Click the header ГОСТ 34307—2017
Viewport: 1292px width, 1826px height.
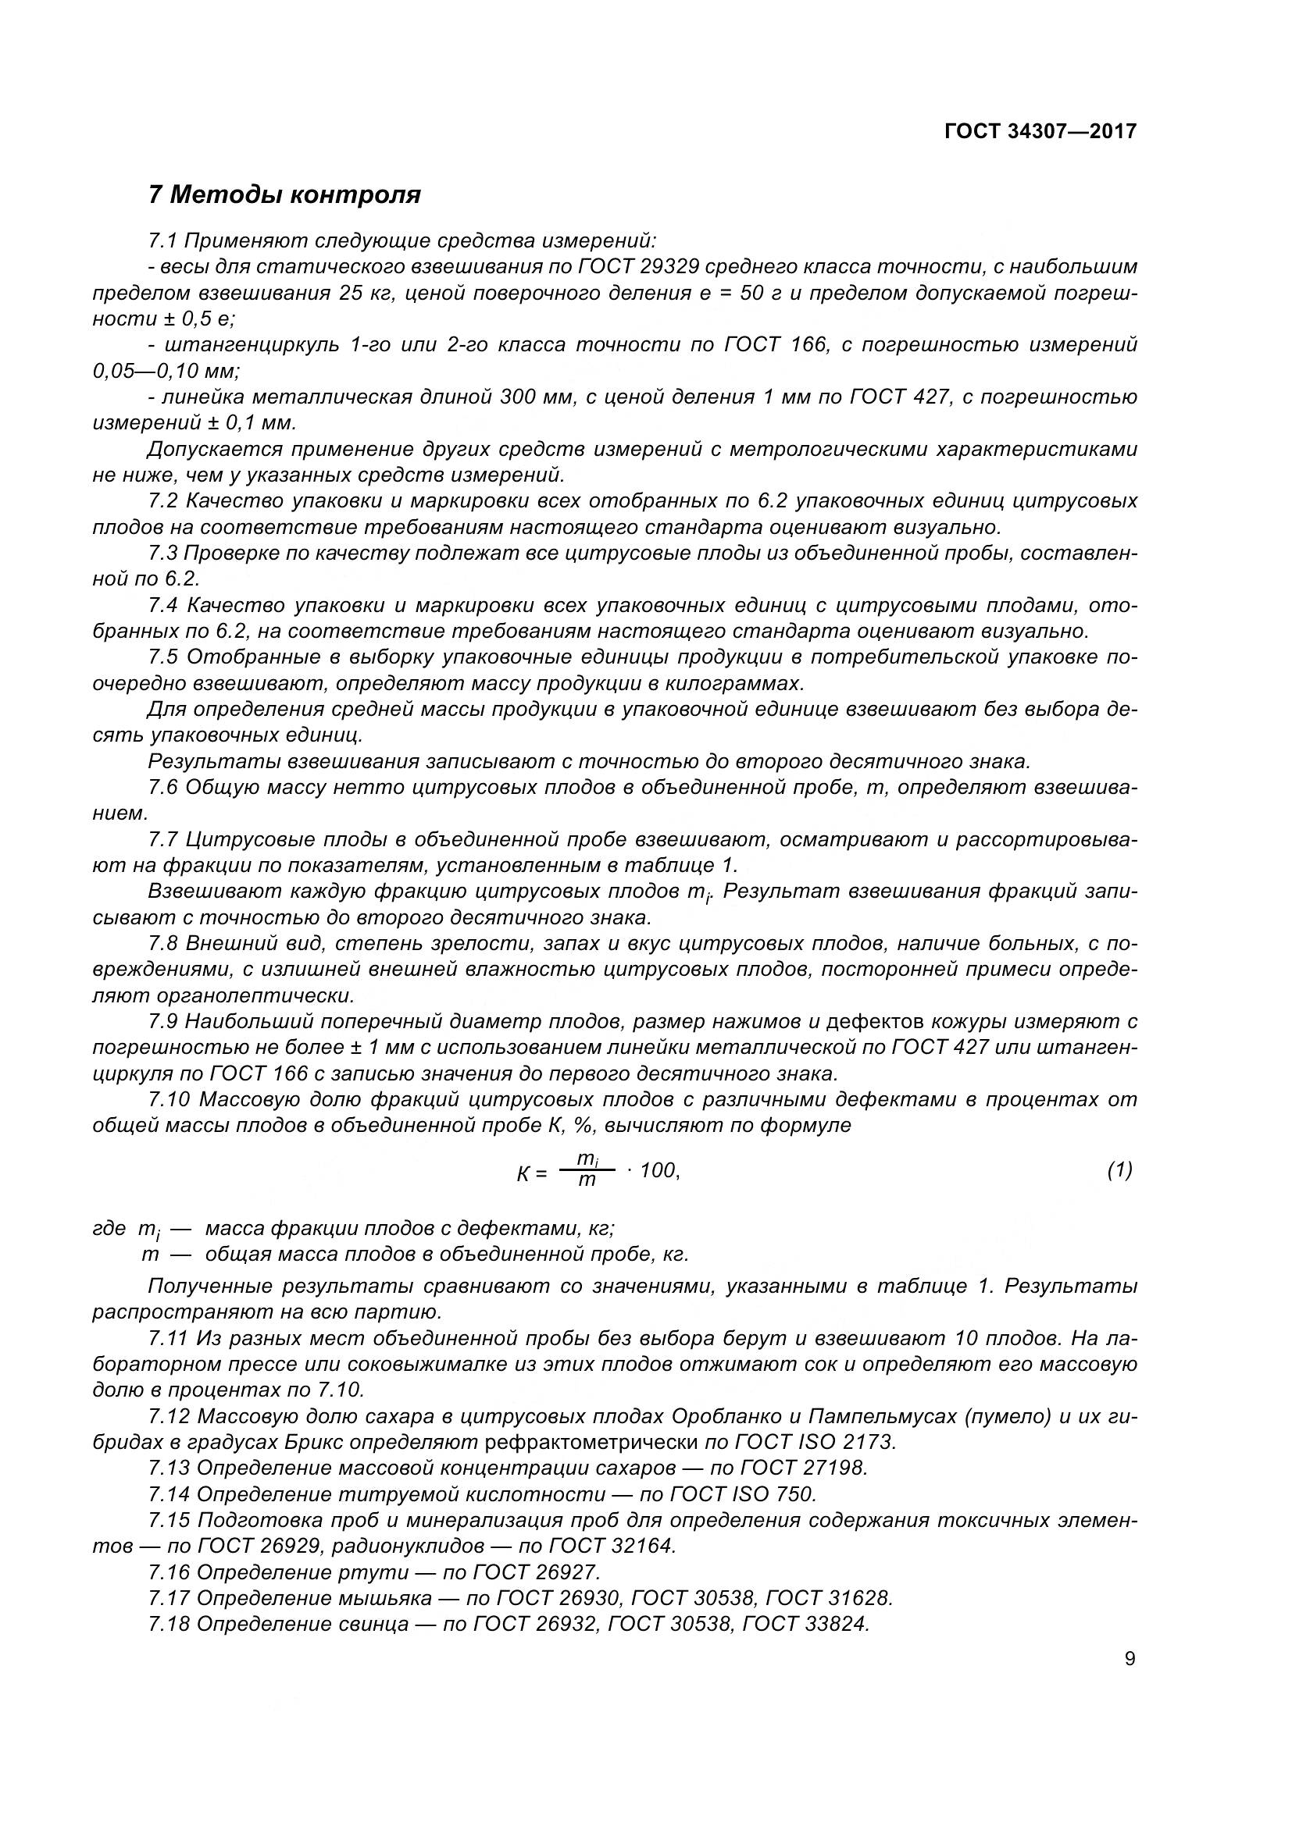tap(1040, 131)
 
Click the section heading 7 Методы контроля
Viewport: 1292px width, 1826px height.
tap(284, 194)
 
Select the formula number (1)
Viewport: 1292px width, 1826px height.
tap(1119, 1170)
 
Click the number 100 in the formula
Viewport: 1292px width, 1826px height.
tap(658, 1170)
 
